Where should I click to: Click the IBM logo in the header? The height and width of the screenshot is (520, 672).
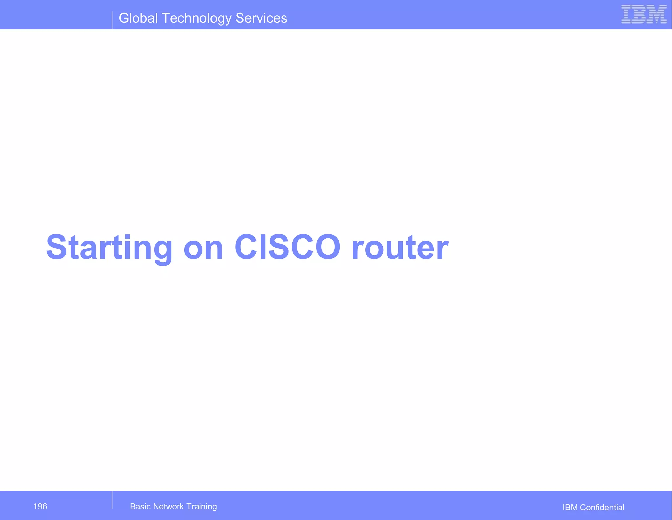pyautogui.click(x=644, y=14)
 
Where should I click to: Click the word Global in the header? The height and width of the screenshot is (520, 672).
pyautogui.click(x=138, y=18)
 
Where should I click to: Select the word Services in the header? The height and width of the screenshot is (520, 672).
pyautogui.click(x=261, y=18)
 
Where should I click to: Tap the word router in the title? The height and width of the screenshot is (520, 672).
pyautogui.click(x=400, y=248)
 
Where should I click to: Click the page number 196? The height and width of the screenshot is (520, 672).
pyautogui.click(x=40, y=506)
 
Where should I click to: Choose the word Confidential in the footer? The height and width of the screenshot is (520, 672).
pyautogui.click(x=602, y=508)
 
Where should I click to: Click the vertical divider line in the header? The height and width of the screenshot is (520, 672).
pyautogui.click(x=112, y=20)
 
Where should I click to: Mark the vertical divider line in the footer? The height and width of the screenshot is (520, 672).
pyautogui.click(x=112, y=500)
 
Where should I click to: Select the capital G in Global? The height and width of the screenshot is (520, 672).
pyautogui.click(x=125, y=18)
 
